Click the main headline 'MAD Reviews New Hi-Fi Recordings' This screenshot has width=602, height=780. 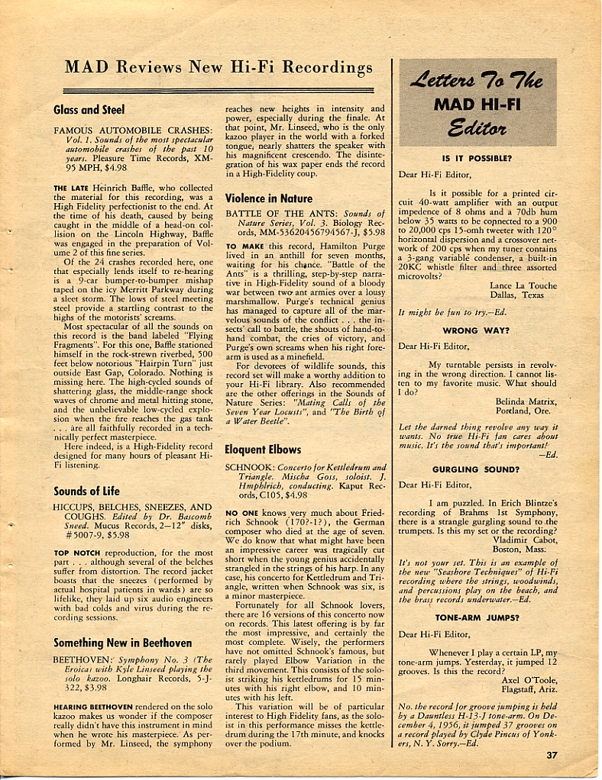pos(218,67)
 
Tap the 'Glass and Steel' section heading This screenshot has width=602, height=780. pos(89,110)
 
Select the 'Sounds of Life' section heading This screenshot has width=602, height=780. pos(86,491)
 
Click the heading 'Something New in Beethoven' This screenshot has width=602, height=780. pos(122,643)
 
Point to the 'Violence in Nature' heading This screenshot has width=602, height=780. pos(268,198)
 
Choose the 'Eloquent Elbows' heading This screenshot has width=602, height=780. pos(263,450)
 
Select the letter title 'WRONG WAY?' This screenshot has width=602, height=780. pos(476,331)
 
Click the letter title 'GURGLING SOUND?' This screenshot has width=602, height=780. pos(476,469)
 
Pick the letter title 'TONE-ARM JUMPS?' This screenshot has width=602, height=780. pos(476,617)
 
